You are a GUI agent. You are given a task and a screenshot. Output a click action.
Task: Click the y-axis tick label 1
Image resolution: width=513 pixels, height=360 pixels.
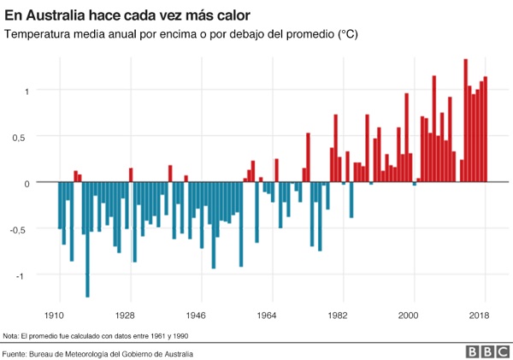[x=27, y=91]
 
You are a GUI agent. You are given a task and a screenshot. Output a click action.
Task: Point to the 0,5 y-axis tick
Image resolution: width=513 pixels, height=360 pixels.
[x=23, y=137]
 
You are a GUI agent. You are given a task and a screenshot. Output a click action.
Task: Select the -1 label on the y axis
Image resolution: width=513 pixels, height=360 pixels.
[x=25, y=275]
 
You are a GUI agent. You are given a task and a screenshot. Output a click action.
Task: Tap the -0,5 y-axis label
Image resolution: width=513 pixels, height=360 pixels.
[x=21, y=229]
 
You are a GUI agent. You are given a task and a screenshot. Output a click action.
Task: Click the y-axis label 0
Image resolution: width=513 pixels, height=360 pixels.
[x=27, y=183]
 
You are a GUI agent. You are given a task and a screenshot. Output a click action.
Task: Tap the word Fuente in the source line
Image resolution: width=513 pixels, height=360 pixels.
[x=16, y=353]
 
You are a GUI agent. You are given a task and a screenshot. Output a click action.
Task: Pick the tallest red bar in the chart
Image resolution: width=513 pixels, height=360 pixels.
[x=465, y=121]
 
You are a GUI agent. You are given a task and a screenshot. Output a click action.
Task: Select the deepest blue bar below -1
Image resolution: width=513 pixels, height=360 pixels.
[x=87, y=239]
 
